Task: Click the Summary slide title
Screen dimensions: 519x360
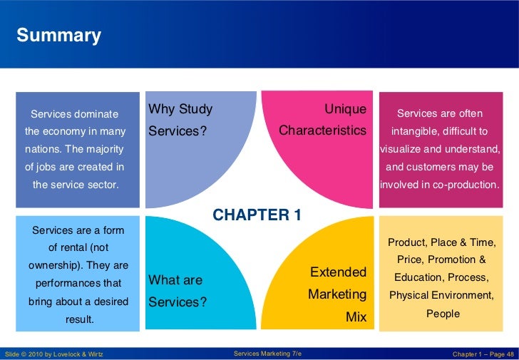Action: point(58,36)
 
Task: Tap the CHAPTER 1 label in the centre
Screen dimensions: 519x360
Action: point(257,215)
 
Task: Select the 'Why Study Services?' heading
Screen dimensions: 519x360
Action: point(180,120)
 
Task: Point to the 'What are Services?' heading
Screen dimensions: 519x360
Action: point(178,292)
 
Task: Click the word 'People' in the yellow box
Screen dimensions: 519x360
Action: point(443,314)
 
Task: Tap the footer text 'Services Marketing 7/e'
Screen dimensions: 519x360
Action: point(267,354)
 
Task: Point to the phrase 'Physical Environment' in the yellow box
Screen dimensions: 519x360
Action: point(440,295)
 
